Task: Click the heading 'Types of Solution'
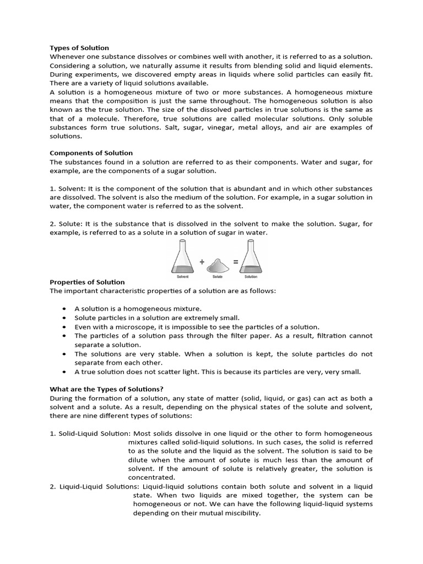(79, 48)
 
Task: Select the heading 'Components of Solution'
(91, 153)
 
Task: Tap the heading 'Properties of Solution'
(87, 282)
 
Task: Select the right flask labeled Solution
(250, 259)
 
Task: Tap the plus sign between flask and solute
(202, 262)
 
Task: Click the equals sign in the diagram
(236, 262)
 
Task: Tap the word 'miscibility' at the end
(240, 513)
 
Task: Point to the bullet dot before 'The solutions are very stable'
(66, 354)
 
